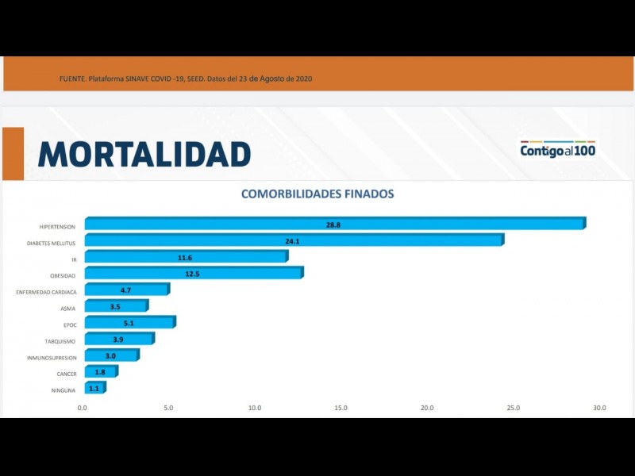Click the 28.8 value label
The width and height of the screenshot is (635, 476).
(x=333, y=225)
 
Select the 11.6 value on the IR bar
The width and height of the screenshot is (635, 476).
(x=184, y=257)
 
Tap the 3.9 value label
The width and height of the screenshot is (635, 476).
(x=118, y=340)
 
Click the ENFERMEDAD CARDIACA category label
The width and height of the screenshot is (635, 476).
(x=46, y=292)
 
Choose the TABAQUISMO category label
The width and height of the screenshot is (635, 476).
(x=60, y=341)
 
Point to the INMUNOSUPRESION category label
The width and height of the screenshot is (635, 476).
(x=52, y=358)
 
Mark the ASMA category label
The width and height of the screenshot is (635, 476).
(x=68, y=309)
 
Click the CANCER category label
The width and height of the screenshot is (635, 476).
(x=66, y=374)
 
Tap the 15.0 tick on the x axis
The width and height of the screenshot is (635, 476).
(x=341, y=408)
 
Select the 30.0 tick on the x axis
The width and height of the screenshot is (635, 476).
(x=599, y=408)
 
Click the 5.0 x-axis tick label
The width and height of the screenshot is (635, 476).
(x=168, y=408)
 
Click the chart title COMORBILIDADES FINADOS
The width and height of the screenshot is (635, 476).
(x=317, y=194)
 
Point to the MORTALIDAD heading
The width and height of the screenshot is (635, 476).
(x=144, y=154)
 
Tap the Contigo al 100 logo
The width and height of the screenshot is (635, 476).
(x=558, y=149)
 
